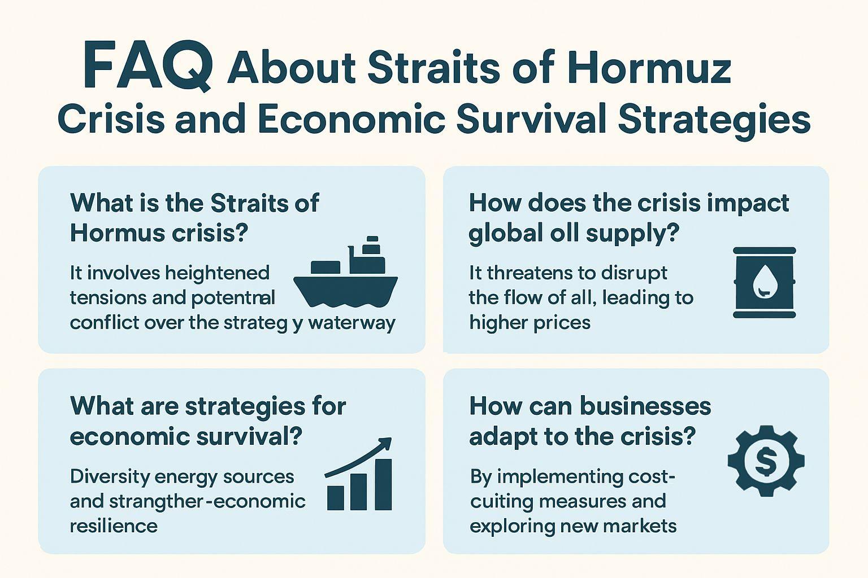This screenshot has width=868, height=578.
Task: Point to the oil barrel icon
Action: (764, 283)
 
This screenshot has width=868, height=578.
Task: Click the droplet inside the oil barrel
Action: (765, 282)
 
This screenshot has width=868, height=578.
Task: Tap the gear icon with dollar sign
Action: (766, 461)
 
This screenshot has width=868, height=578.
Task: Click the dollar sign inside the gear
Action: (766, 461)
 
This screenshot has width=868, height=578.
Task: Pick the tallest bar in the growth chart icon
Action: (383, 484)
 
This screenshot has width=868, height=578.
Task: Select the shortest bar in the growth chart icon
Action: (336, 498)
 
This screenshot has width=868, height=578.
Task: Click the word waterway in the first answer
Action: (351, 323)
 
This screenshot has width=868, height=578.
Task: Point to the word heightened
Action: (218, 273)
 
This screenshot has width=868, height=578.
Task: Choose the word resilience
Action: (114, 526)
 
